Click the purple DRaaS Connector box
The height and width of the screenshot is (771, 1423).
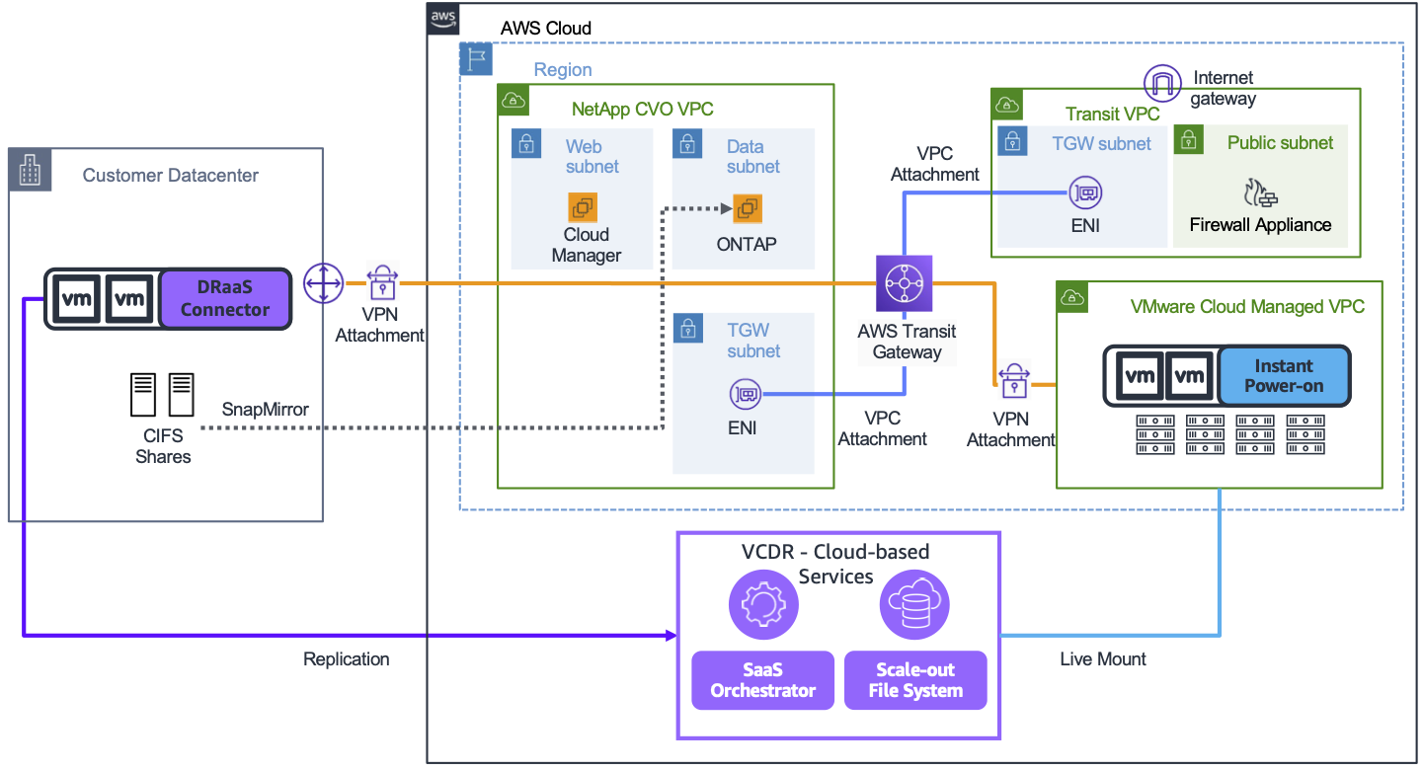tap(225, 298)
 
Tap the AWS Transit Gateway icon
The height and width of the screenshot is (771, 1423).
tap(904, 283)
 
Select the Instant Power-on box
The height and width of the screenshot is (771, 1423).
tap(1283, 376)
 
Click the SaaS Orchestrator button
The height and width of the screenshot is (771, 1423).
tap(762, 680)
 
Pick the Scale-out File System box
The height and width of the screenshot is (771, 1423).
tap(915, 680)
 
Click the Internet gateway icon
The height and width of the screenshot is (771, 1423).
tap(1162, 82)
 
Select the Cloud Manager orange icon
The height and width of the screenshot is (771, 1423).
tap(583, 207)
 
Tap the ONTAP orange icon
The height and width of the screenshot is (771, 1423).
tap(748, 208)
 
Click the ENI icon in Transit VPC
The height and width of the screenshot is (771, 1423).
tap(1085, 193)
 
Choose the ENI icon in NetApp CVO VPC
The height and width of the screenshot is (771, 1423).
tap(746, 395)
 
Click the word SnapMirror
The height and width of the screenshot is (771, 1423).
tap(265, 409)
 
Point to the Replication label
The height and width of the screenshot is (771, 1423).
tap(346, 658)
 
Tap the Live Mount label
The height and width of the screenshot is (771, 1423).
tap(1103, 658)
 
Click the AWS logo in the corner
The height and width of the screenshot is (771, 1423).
tap(443, 19)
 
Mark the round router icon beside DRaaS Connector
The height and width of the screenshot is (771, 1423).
tap(323, 283)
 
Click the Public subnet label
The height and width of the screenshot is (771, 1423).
tap(1280, 143)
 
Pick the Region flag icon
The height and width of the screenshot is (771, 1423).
tap(476, 58)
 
